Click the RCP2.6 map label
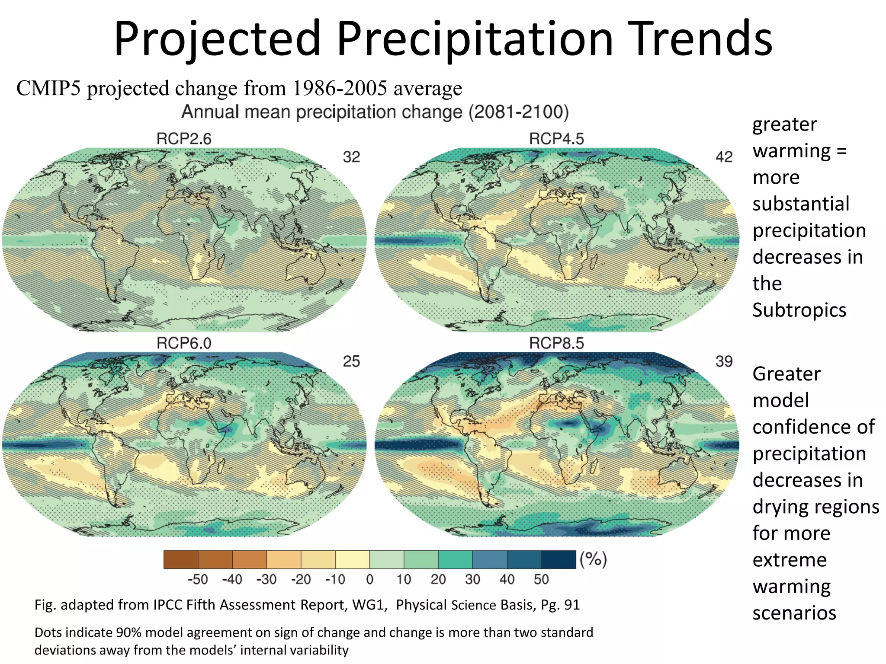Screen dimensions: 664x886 184,139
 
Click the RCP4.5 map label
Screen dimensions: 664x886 556,139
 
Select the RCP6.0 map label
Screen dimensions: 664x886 184,343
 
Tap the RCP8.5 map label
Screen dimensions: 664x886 556,343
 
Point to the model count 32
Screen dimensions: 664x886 351,157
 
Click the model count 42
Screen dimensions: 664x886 724,157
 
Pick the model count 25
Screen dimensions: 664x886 351,361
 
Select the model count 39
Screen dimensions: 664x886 724,361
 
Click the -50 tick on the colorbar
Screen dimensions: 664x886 198,579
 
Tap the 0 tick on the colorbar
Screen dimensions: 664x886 369,579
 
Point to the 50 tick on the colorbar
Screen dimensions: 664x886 541,579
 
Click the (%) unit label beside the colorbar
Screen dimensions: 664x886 593,559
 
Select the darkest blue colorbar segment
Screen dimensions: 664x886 559,559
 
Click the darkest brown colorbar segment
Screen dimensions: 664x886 181,559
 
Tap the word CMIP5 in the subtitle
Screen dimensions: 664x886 48,88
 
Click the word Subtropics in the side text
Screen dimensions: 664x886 799,310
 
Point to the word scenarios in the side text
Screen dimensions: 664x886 794,613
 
